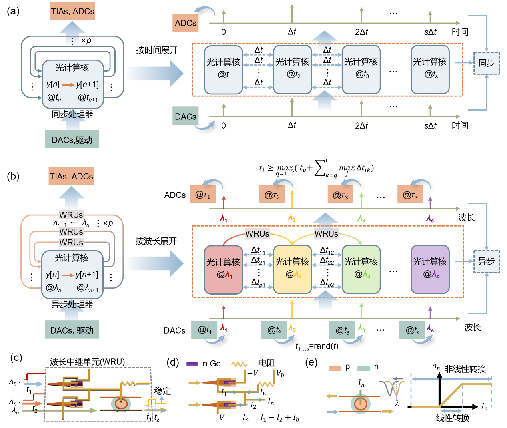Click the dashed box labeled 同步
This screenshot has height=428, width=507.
tap(486, 63)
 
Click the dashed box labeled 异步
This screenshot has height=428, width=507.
tap(486, 261)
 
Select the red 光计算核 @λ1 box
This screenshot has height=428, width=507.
tap(223, 269)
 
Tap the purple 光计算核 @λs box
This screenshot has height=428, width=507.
tap(430, 269)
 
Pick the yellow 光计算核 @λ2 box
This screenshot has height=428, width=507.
tap(292, 269)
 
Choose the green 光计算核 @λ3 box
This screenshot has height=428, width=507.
tap(361, 269)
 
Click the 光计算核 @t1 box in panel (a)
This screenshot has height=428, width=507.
tap(223, 70)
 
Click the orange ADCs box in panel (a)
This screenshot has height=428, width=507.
tap(186, 23)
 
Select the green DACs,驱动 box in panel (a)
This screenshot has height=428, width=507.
tap(72, 139)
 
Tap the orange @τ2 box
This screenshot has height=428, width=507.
tap(272, 194)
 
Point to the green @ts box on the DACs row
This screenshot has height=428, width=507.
tap(412, 330)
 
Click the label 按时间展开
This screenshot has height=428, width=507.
tap(157, 50)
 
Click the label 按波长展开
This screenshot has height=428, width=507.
tap(156, 241)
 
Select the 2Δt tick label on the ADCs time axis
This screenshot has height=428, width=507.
tap(361, 32)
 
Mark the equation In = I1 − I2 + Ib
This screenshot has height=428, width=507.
tap(271, 418)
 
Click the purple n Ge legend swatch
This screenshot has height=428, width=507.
tap(192, 364)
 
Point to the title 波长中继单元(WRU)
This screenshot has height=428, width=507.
tap(87, 362)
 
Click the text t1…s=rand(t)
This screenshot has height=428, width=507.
tap(317, 346)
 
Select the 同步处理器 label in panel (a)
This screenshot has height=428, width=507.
tap(72, 114)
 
